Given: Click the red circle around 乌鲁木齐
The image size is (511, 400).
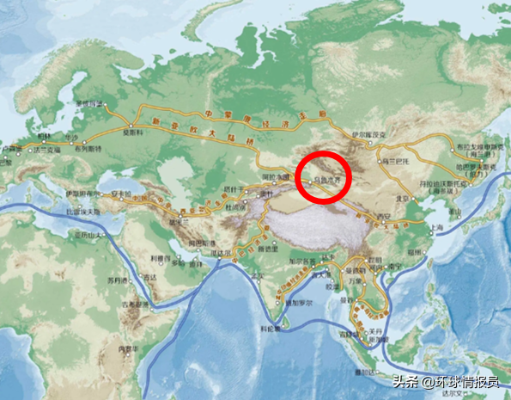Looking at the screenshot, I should (323, 175).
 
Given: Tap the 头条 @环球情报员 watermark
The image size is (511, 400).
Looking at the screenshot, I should (447, 382).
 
